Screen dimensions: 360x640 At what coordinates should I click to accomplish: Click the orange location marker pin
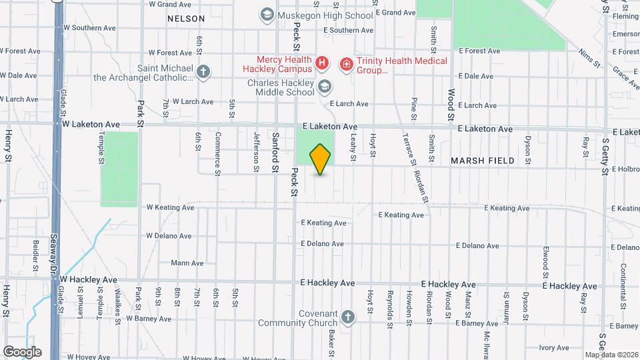321,159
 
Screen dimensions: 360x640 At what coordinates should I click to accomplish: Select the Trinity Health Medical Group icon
346,64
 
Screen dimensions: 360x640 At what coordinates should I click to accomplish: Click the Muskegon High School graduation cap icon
267,15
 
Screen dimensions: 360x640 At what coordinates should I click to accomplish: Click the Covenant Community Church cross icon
347,317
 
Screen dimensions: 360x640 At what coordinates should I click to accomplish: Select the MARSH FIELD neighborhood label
482,161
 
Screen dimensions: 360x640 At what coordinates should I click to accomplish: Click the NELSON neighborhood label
186,19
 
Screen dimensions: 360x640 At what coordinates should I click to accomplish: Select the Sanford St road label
275,152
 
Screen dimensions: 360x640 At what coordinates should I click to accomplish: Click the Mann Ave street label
187,263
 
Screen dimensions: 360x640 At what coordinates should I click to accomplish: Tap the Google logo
22,352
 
